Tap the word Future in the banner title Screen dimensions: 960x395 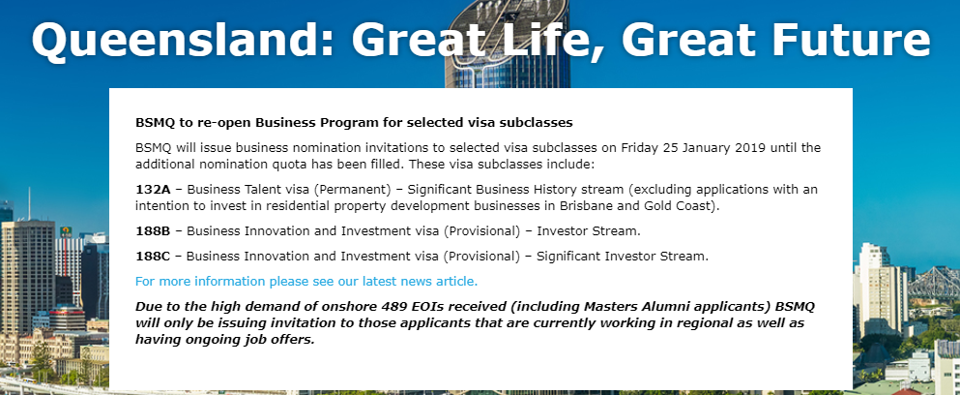point(851,39)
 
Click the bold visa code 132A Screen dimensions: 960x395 point(153,189)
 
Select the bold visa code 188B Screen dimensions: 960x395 point(153,231)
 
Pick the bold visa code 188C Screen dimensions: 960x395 point(153,257)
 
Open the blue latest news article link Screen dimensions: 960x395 point(306,282)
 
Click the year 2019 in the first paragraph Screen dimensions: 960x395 point(750,148)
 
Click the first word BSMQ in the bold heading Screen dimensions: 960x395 point(156,123)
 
